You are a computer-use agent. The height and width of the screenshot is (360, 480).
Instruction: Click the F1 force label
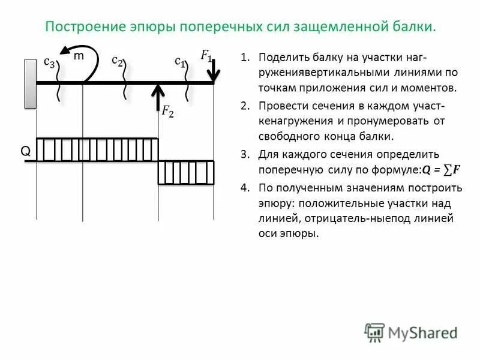206,56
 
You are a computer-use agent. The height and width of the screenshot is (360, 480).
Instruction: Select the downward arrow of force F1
214,69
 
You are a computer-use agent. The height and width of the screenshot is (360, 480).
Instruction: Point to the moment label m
79,56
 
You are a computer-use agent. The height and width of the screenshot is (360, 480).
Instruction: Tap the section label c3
50,61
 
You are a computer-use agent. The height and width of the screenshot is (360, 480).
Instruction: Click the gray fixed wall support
30,83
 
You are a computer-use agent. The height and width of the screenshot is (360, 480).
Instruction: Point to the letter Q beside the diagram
26,152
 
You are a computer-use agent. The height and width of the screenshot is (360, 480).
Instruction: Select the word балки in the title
414,27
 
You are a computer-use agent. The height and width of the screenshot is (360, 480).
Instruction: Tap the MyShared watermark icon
374,332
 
